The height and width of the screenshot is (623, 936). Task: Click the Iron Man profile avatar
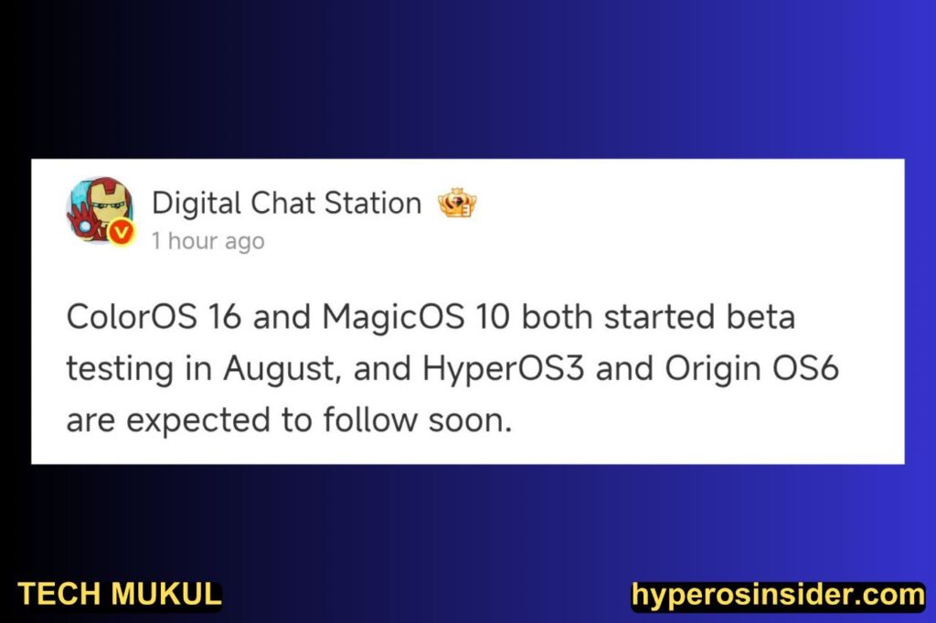click(x=101, y=210)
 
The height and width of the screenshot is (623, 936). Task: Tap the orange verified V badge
click(x=122, y=232)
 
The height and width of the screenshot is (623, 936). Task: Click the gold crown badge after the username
click(x=457, y=203)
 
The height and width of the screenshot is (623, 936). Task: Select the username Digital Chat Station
click(x=286, y=203)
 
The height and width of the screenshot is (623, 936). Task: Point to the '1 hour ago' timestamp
click(x=207, y=241)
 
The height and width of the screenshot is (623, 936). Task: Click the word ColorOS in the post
click(x=132, y=316)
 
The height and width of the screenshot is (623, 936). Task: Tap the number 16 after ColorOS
click(x=225, y=316)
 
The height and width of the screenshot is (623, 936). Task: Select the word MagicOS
click(x=393, y=318)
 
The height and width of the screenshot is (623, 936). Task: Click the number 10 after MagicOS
click(x=493, y=316)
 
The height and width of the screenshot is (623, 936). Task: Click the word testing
click(x=120, y=369)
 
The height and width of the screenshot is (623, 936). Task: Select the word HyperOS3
click(x=504, y=369)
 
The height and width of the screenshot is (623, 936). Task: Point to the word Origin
click(x=713, y=369)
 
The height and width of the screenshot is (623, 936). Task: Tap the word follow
click(x=370, y=419)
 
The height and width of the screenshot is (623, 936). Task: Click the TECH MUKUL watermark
click(x=120, y=595)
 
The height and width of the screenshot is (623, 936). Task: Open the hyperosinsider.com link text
click(x=779, y=596)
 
